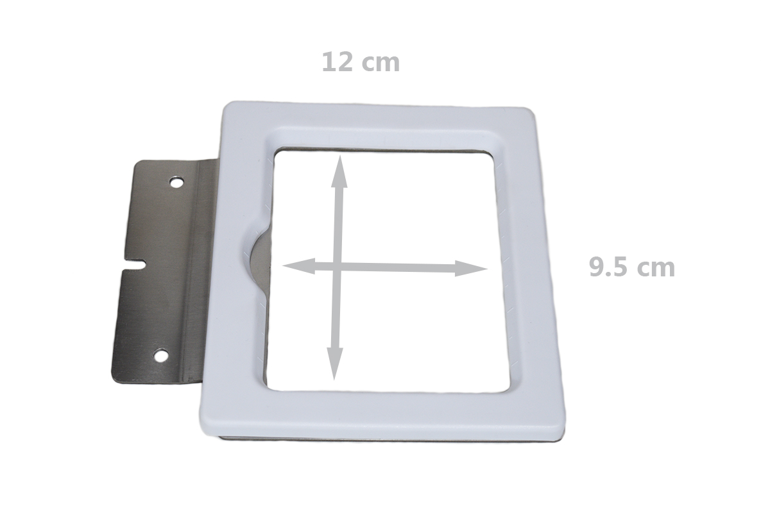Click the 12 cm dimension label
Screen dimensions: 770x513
pyautogui.click(x=361, y=62)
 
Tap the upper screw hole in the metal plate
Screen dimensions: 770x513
pyautogui.click(x=177, y=181)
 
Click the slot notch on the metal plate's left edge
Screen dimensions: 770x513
pyautogui.click(x=135, y=264)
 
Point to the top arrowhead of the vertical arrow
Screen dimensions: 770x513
pyautogui.click(x=339, y=172)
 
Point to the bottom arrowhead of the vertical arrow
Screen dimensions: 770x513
pyautogui.click(x=334, y=364)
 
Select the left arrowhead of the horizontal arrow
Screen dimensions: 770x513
pyautogui.click(x=299, y=266)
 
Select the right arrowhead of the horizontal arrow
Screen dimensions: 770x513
pyautogui.click(x=471, y=268)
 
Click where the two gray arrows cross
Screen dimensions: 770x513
pyautogui.click(x=337, y=267)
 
